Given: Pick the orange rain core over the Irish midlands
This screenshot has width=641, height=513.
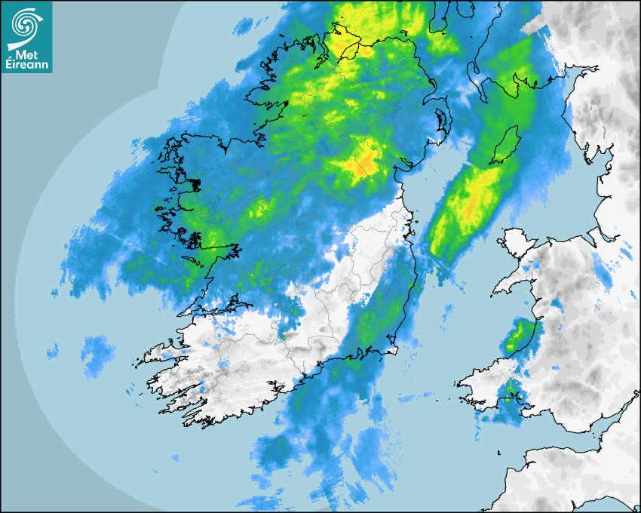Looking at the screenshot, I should pos(367,160).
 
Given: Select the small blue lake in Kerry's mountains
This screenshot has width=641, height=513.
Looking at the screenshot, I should pos(224,372).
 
